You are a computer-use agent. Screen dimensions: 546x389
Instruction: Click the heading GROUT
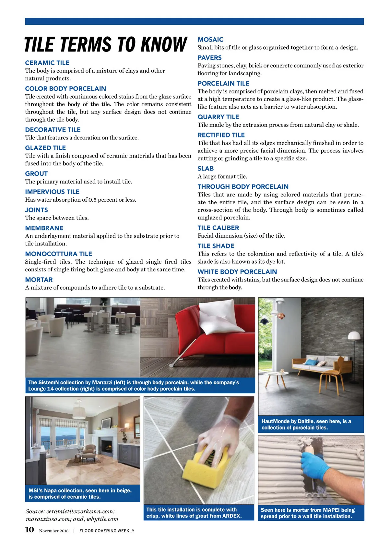(x=36, y=174)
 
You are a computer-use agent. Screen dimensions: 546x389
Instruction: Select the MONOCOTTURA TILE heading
(x=58, y=254)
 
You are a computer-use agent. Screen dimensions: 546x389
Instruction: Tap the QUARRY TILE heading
(x=218, y=117)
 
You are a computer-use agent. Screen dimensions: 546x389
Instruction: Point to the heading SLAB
(x=206, y=169)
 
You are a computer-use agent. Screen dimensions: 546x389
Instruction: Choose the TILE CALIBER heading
(x=218, y=228)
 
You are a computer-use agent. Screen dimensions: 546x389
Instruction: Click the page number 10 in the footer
(x=29, y=529)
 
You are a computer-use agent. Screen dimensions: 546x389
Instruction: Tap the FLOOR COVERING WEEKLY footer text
(x=107, y=531)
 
